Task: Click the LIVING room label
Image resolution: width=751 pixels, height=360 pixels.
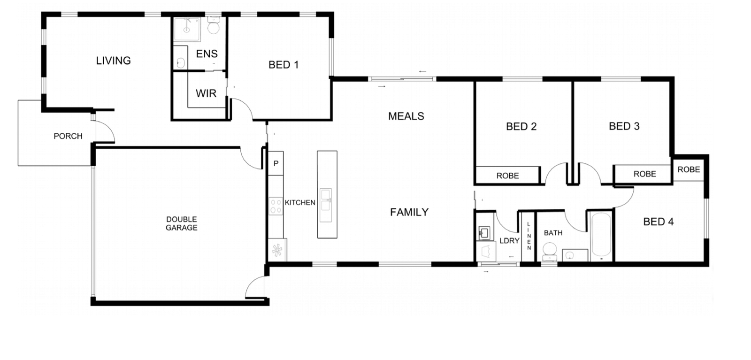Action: coord(113,61)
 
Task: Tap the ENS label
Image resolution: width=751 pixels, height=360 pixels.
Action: coord(207,54)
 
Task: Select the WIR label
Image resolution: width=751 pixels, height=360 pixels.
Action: coord(206,93)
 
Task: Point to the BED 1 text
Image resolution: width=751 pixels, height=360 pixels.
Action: coord(283,65)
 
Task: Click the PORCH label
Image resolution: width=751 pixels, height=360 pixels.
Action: coord(68,136)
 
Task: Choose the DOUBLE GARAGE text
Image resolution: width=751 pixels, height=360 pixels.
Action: coord(181,223)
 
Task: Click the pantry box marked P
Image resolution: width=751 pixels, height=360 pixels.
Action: coord(276,163)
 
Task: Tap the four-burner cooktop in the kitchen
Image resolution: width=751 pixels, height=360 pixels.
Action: coord(276,207)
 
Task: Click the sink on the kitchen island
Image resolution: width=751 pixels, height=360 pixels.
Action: coord(326,205)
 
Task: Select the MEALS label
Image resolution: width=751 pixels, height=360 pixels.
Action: coord(406,116)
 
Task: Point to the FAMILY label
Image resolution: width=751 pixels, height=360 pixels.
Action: coord(409,212)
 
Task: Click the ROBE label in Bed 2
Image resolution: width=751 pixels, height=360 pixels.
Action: coord(507,176)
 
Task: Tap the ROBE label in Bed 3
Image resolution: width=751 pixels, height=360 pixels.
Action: coord(644,174)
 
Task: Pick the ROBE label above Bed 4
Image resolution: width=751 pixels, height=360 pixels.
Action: coord(688,169)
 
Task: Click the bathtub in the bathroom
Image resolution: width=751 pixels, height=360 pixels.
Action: coord(601,236)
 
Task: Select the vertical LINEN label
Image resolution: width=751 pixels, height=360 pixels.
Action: coord(529,236)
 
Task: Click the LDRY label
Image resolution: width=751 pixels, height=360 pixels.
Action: coord(509,241)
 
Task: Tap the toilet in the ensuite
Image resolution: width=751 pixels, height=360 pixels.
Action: coord(214,26)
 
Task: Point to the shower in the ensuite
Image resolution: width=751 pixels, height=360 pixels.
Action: coord(186,29)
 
